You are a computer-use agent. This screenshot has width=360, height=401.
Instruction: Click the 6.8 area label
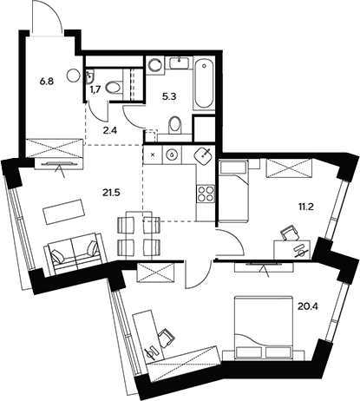click(x=46, y=84)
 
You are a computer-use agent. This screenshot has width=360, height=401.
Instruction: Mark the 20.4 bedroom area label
click(x=307, y=304)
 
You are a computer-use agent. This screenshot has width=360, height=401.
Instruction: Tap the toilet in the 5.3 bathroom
click(x=173, y=128)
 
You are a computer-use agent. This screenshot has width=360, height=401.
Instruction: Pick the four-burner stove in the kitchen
click(x=207, y=195)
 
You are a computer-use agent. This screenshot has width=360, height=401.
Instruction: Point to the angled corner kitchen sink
click(x=205, y=156)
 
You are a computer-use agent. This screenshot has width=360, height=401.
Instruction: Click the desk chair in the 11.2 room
click(x=289, y=232)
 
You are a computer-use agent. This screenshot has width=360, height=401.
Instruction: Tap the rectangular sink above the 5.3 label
click(x=180, y=62)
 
